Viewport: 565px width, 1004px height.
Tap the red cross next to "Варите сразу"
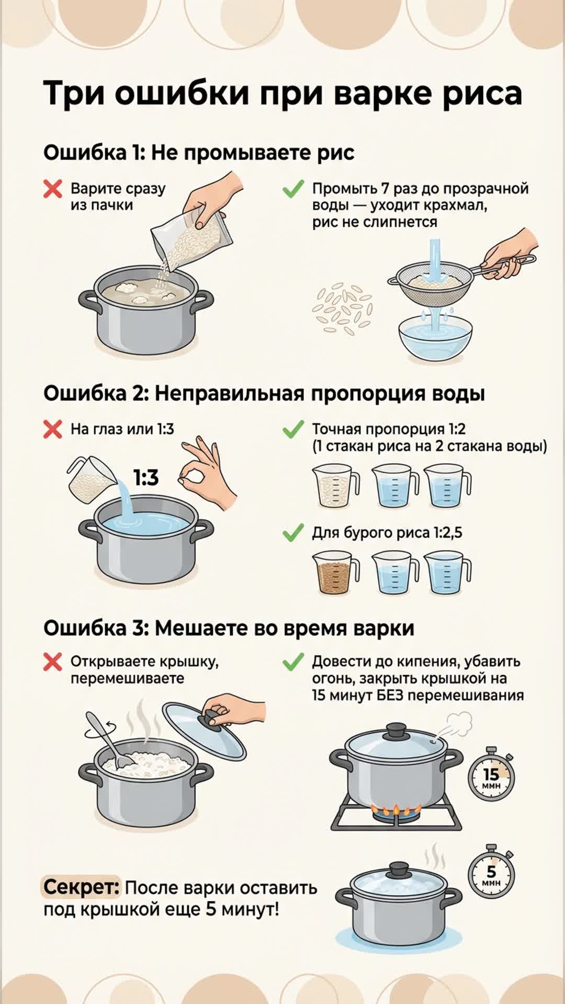(x=53, y=189)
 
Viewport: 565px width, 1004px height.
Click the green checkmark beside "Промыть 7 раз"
(x=293, y=189)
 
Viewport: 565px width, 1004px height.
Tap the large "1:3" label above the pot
(x=145, y=477)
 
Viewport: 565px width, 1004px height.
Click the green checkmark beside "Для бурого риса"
(x=293, y=533)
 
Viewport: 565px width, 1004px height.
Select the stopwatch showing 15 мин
(x=491, y=774)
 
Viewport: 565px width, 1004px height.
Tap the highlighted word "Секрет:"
(x=81, y=887)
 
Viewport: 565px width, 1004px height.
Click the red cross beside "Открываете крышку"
(x=53, y=662)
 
